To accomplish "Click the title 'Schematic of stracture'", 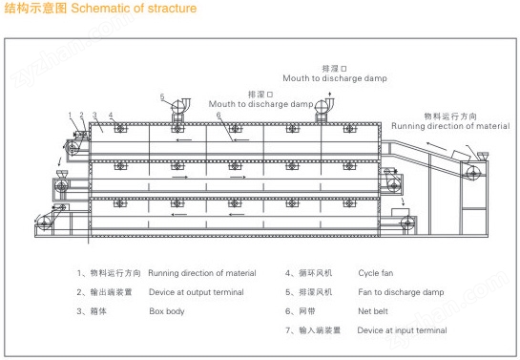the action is pyautogui.click(x=134, y=8).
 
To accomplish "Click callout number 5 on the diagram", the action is pyautogui.click(x=162, y=96).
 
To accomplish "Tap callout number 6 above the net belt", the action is pyautogui.click(x=218, y=115).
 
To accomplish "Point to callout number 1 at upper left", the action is pyautogui.click(x=70, y=115).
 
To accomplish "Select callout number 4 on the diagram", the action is pyautogui.click(x=111, y=115).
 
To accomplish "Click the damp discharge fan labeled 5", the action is pyautogui.click(x=179, y=105).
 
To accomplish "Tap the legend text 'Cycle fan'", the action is pyautogui.click(x=375, y=273).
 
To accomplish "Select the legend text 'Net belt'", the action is pyautogui.click(x=373, y=311).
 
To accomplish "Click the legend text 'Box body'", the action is pyautogui.click(x=167, y=311).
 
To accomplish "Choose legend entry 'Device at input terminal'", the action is pyautogui.click(x=402, y=330).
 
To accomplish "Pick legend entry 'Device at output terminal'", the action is pyautogui.click(x=197, y=292).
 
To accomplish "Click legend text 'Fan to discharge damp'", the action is pyautogui.click(x=401, y=292).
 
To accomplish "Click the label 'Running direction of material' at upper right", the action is pyautogui.click(x=450, y=126).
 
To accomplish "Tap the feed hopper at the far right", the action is pyautogui.click(x=482, y=156).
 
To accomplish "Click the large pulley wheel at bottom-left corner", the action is pyautogui.click(x=44, y=222).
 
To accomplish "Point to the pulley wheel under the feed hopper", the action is pyautogui.click(x=473, y=173).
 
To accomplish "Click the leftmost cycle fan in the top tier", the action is pyautogui.click(x=120, y=128).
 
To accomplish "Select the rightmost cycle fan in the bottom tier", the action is pyautogui.click(x=349, y=202).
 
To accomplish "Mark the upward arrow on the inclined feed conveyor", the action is pyautogui.click(x=436, y=146).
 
